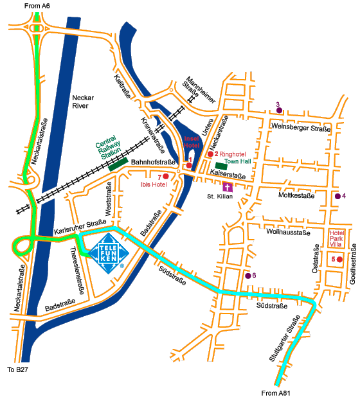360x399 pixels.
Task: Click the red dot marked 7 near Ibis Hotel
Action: (166, 176)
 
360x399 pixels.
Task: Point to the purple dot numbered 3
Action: (279, 111)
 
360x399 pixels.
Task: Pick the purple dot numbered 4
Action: (337, 196)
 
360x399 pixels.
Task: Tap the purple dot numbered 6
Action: (248, 276)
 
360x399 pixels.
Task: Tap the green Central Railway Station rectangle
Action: (118, 165)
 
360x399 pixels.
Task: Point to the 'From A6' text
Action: (37, 6)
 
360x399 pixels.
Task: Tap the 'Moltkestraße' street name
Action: (297, 195)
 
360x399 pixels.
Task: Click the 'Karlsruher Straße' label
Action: (80, 226)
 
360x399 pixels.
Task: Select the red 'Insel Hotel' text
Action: (193, 142)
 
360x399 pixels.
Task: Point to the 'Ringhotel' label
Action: (233, 154)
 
